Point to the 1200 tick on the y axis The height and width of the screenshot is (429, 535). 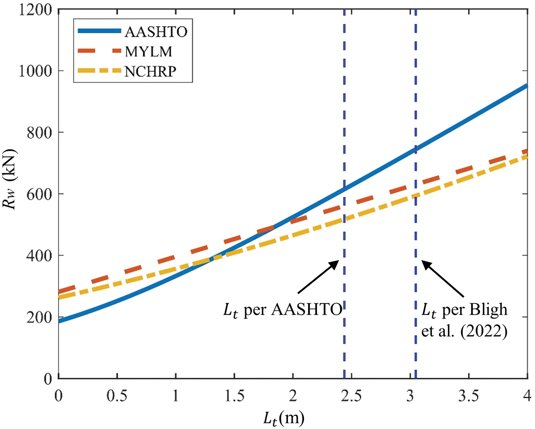35,9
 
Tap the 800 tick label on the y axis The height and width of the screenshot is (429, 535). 39,133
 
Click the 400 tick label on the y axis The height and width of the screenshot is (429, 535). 39,256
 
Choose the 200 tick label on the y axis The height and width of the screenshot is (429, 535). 39,317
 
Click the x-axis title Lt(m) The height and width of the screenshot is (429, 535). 283,418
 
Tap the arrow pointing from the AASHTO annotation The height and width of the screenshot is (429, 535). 318,277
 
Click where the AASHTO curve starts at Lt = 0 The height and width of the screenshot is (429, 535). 59,321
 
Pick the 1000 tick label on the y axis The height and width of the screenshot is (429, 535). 35,71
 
